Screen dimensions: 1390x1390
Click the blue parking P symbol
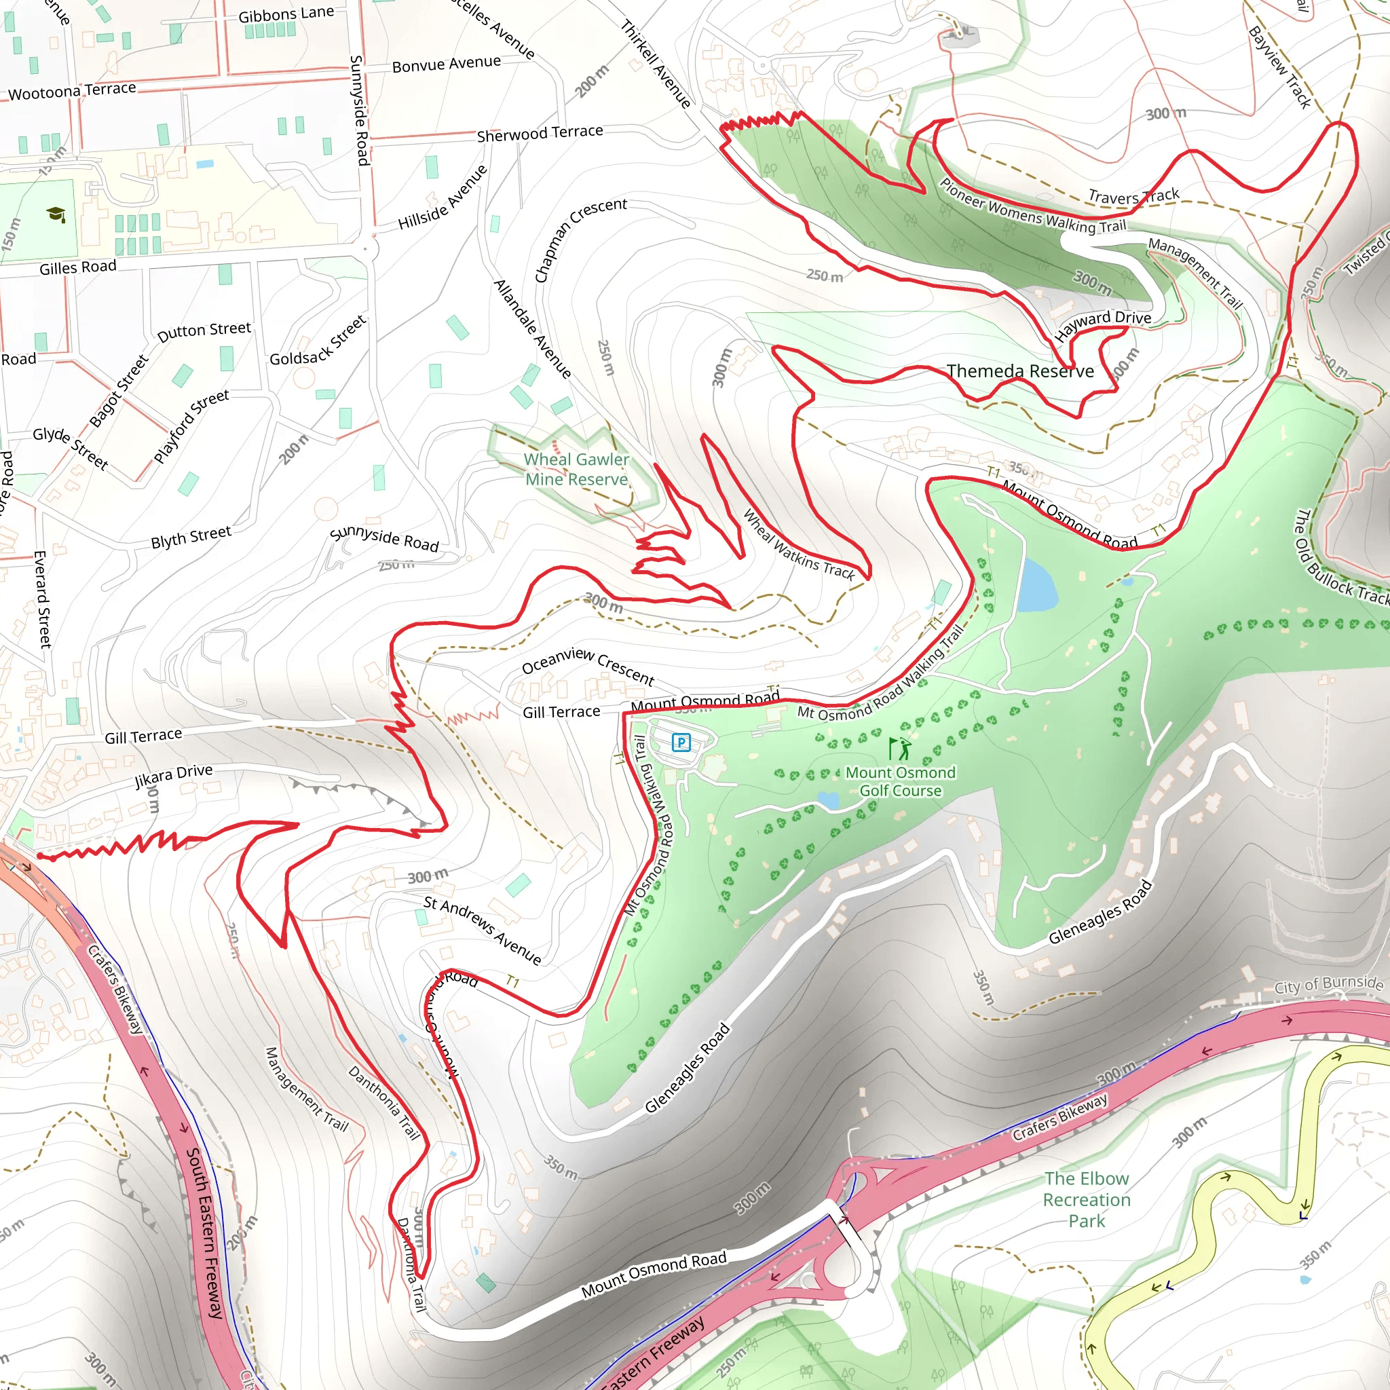(681, 742)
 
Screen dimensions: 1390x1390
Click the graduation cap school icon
(56, 214)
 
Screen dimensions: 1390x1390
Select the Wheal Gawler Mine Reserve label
(576, 469)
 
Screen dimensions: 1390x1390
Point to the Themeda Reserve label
(1019, 371)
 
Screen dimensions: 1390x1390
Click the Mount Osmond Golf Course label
(900, 781)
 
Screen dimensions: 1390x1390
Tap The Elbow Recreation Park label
(1087, 1199)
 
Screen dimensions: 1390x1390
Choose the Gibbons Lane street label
(286, 14)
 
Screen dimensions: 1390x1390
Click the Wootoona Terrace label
(72, 91)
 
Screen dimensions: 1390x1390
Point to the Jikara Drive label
(174, 776)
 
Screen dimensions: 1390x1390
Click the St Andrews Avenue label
(482, 930)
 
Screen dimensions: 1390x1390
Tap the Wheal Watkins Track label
(799, 546)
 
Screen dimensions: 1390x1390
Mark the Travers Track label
(1133, 195)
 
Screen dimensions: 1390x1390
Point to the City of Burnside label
(1328, 984)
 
